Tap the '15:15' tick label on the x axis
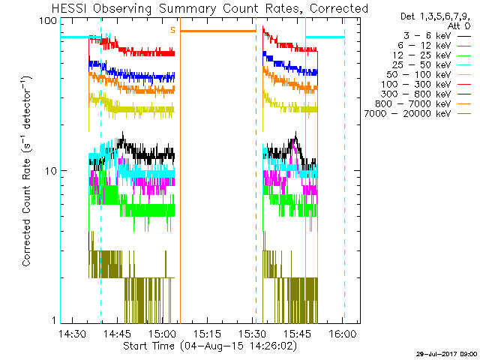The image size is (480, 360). click(207, 333)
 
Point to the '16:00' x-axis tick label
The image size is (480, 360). click(342, 333)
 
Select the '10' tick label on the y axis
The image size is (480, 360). click(51, 170)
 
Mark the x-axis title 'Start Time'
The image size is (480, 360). click(149, 346)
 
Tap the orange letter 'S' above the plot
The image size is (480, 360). click(172, 30)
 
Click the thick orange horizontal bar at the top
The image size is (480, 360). click(218, 31)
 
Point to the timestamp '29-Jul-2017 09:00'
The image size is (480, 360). click(447, 352)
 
